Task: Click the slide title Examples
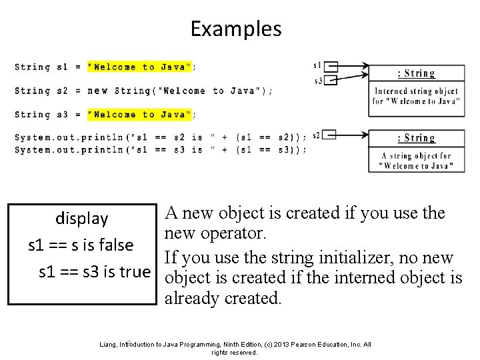236,29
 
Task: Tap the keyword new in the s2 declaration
97,91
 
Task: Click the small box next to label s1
331,66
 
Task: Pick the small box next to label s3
331,80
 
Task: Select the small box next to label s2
329,135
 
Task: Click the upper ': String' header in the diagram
416,73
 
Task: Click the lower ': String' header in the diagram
416,138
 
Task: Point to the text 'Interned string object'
416,91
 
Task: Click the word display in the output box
81,219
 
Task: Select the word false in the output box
116,245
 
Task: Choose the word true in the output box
135,271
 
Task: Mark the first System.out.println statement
160,138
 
